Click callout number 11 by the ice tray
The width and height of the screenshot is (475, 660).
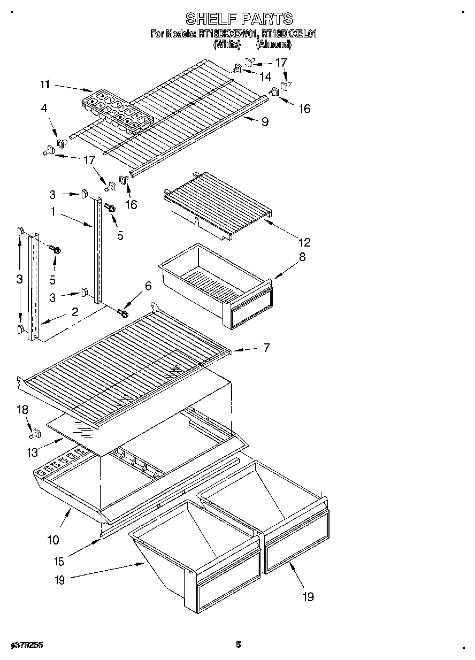click(44, 84)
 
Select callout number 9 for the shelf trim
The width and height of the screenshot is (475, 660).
click(264, 122)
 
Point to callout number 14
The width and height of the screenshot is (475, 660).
click(265, 76)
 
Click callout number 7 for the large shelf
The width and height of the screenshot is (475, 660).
click(265, 348)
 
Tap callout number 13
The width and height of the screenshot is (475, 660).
click(32, 452)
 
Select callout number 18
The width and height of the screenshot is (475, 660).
click(21, 410)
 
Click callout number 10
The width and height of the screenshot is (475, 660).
click(53, 540)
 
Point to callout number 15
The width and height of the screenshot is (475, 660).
click(59, 561)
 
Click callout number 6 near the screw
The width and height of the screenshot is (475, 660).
click(148, 287)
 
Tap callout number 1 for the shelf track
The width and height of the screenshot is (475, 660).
click(53, 212)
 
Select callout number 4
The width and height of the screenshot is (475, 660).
click(44, 108)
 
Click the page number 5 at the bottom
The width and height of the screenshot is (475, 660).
click(239, 644)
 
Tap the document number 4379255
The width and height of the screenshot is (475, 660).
click(26, 646)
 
